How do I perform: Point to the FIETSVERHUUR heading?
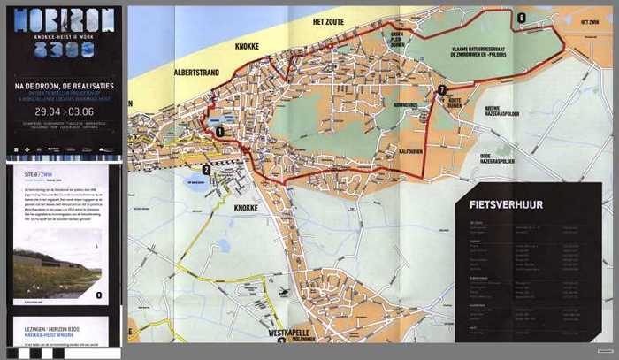tap(501, 205)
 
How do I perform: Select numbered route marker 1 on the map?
tap(218, 131)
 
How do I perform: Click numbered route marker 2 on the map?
tap(205, 171)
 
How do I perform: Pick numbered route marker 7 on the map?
tap(441, 89)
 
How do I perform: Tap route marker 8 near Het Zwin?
tap(522, 18)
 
